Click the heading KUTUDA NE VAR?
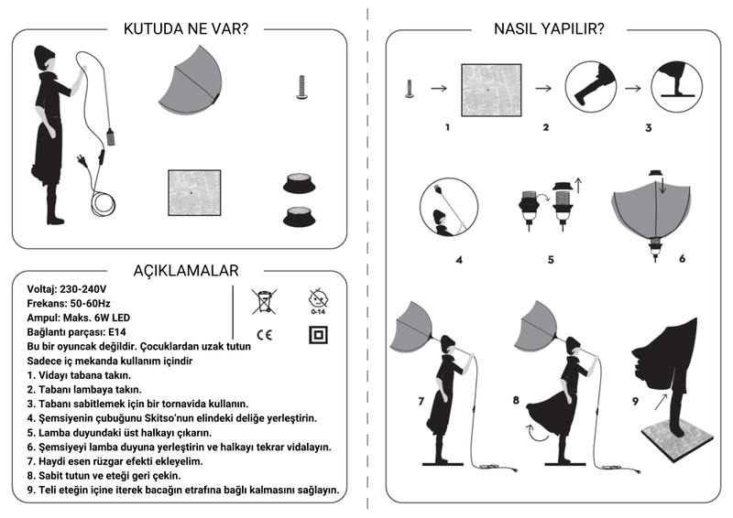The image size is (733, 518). (185, 28)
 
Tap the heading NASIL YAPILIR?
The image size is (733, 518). (550, 28)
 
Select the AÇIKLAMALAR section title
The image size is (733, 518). (186, 270)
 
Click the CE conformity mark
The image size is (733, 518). (264, 334)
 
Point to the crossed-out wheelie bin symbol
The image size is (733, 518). (264, 299)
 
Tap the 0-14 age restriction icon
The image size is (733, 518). (318, 299)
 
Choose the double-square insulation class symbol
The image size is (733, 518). (318, 335)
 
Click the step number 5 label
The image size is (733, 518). (551, 259)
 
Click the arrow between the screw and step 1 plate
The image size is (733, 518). (438, 89)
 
